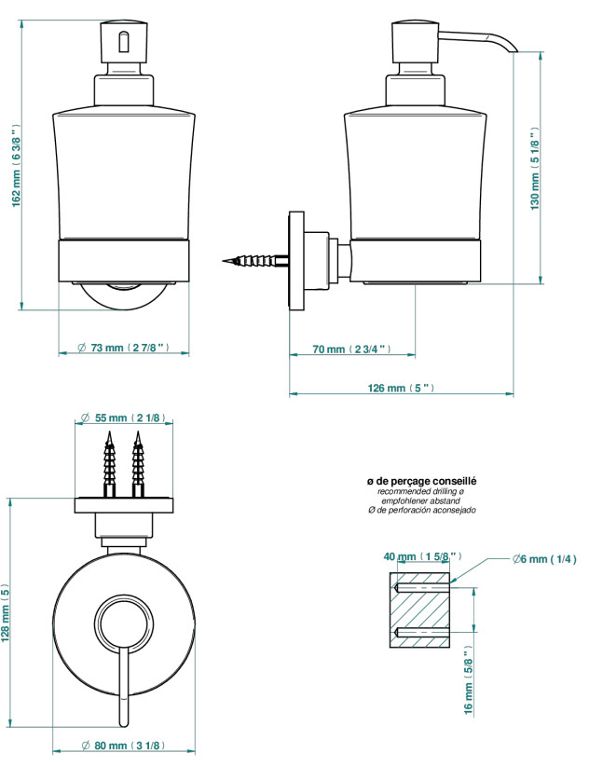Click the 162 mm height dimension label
tap(17, 165)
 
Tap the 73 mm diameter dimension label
tap(124, 348)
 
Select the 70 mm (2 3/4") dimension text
tap(351, 349)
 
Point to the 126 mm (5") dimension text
tap(401, 389)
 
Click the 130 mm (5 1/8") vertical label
tap(535, 169)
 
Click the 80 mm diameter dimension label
tap(123, 746)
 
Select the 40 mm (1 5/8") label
tap(423, 556)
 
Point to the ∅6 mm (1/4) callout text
tap(544, 558)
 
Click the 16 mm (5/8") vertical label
tap(469, 680)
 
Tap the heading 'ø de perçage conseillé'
tap(421, 481)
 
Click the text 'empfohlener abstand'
tap(421, 500)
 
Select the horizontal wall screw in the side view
tap(254, 260)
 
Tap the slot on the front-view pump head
tap(124, 42)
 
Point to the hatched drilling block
tap(419, 610)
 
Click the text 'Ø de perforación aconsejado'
tap(421, 510)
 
